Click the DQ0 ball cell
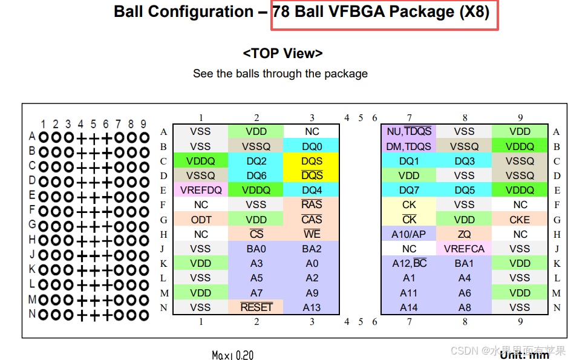(312, 146)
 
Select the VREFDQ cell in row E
(201, 190)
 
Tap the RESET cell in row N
(256, 307)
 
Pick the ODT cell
(201, 220)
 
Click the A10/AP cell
(409, 234)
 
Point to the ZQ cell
(465, 234)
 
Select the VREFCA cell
(465, 249)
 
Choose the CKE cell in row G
(520, 220)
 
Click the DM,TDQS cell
(409, 146)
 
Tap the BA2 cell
(312, 249)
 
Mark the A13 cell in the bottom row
(312, 307)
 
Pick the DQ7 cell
(409, 190)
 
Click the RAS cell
(312, 205)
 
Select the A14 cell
(409, 307)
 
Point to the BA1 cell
(465, 263)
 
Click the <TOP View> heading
(282, 53)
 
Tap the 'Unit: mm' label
(524, 355)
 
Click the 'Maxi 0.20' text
(233, 355)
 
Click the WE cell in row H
(312, 234)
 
